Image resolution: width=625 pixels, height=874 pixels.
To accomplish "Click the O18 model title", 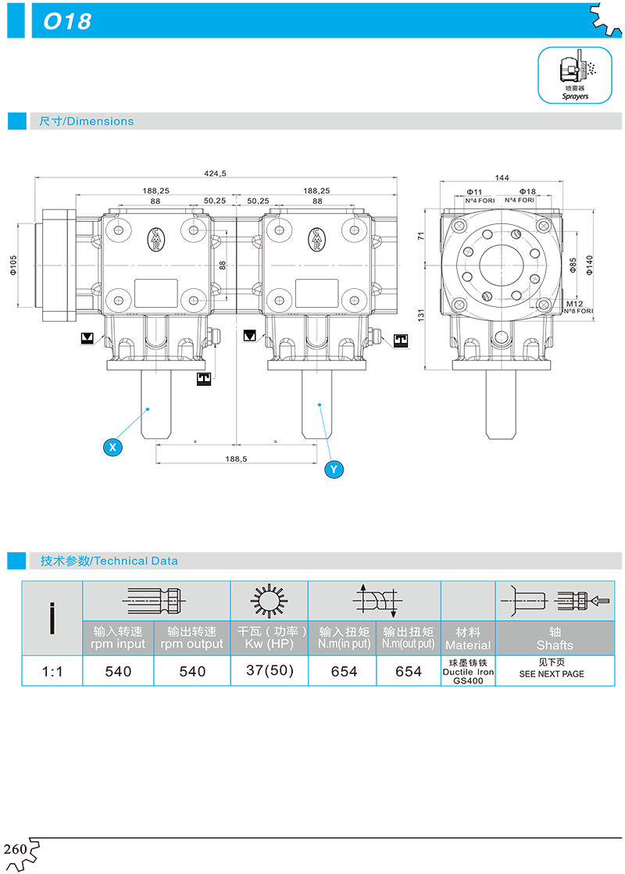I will click(67, 22).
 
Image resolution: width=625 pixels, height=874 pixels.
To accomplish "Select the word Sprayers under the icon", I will click(575, 96).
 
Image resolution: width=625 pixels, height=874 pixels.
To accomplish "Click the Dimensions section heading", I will click(87, 121).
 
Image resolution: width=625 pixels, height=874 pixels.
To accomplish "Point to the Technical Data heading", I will click(109, 561).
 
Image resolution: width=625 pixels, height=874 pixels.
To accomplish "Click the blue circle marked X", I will click(113, 448).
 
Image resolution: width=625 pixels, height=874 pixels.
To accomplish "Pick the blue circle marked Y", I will click(334, 469).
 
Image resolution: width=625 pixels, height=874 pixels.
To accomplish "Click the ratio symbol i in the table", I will click(52, 618).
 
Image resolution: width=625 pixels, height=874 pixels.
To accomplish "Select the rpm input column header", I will click(119, 638).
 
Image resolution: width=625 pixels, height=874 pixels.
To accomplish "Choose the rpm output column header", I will click(192, 638).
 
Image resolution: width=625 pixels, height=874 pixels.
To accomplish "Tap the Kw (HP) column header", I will click(270, 638).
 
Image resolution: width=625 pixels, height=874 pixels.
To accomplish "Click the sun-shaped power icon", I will click(269, 601).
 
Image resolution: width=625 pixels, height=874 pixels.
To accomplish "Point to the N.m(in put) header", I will click(344, 638).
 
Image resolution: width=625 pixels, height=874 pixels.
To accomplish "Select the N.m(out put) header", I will click(409, 638).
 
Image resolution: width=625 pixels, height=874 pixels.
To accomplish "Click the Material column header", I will click(468, 638).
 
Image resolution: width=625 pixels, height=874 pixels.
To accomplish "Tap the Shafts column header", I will click(555, 638).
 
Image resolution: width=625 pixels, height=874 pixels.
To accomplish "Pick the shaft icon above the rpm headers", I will click(155, 601).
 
